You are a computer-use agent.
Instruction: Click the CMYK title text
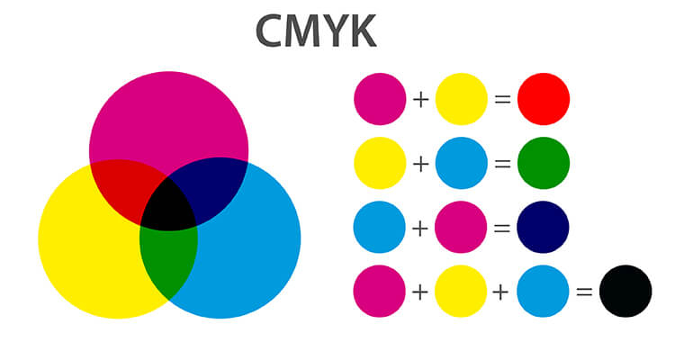click(x=316, y=31)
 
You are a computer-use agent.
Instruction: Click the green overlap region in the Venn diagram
click(x=169, y=258)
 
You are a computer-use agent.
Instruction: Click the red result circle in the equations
click(x=544, y=99)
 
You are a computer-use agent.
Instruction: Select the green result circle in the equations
click(x=544, y=163)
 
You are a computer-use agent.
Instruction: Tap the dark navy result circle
click(x=543, y=227)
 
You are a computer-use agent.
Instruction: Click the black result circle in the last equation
click(x=625, y=291)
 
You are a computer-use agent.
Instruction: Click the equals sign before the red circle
click(x=502, y=100)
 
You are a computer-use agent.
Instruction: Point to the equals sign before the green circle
click(x=502, y=164)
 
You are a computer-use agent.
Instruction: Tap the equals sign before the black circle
click(x=584, y=292)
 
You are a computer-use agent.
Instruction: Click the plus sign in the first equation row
click(x=420, y=100)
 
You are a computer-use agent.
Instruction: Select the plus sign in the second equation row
click(x=420, y=164)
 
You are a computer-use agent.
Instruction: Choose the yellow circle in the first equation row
click(x=462, y=99)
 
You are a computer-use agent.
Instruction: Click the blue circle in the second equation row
click(x=462, y=163)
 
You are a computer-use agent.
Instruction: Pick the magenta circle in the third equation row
click(x=461, y=227)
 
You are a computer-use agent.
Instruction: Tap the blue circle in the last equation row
click(x=543, y=291)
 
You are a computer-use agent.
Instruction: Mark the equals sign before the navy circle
click(x=502, y=229)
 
